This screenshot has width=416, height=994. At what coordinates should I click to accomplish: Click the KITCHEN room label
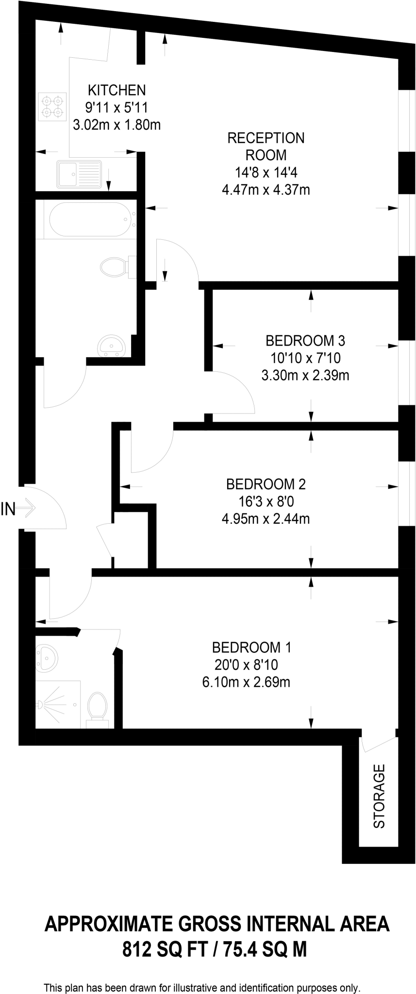116,90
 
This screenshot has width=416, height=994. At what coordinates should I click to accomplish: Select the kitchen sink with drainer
79,174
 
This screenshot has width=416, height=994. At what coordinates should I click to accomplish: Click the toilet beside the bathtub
116,266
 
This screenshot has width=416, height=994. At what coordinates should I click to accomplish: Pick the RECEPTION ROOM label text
266,147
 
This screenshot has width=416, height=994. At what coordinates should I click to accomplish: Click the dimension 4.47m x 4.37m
266,190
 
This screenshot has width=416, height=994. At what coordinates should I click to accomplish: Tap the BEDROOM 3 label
305,340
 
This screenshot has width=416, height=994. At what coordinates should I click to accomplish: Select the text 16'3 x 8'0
266,501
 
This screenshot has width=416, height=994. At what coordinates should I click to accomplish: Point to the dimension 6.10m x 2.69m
246,682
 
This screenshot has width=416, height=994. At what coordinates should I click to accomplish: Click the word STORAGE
379,795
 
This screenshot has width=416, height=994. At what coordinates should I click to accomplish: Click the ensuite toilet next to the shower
97,708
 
